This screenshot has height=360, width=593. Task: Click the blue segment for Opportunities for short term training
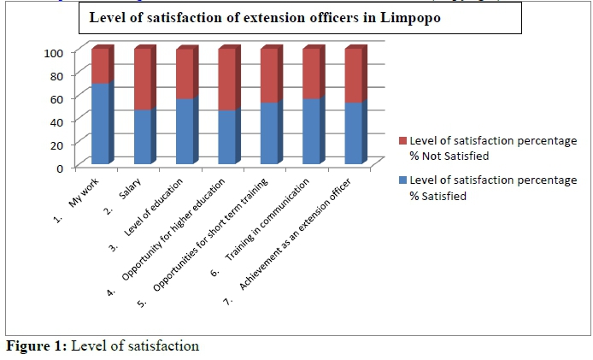[x=268, y=133]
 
